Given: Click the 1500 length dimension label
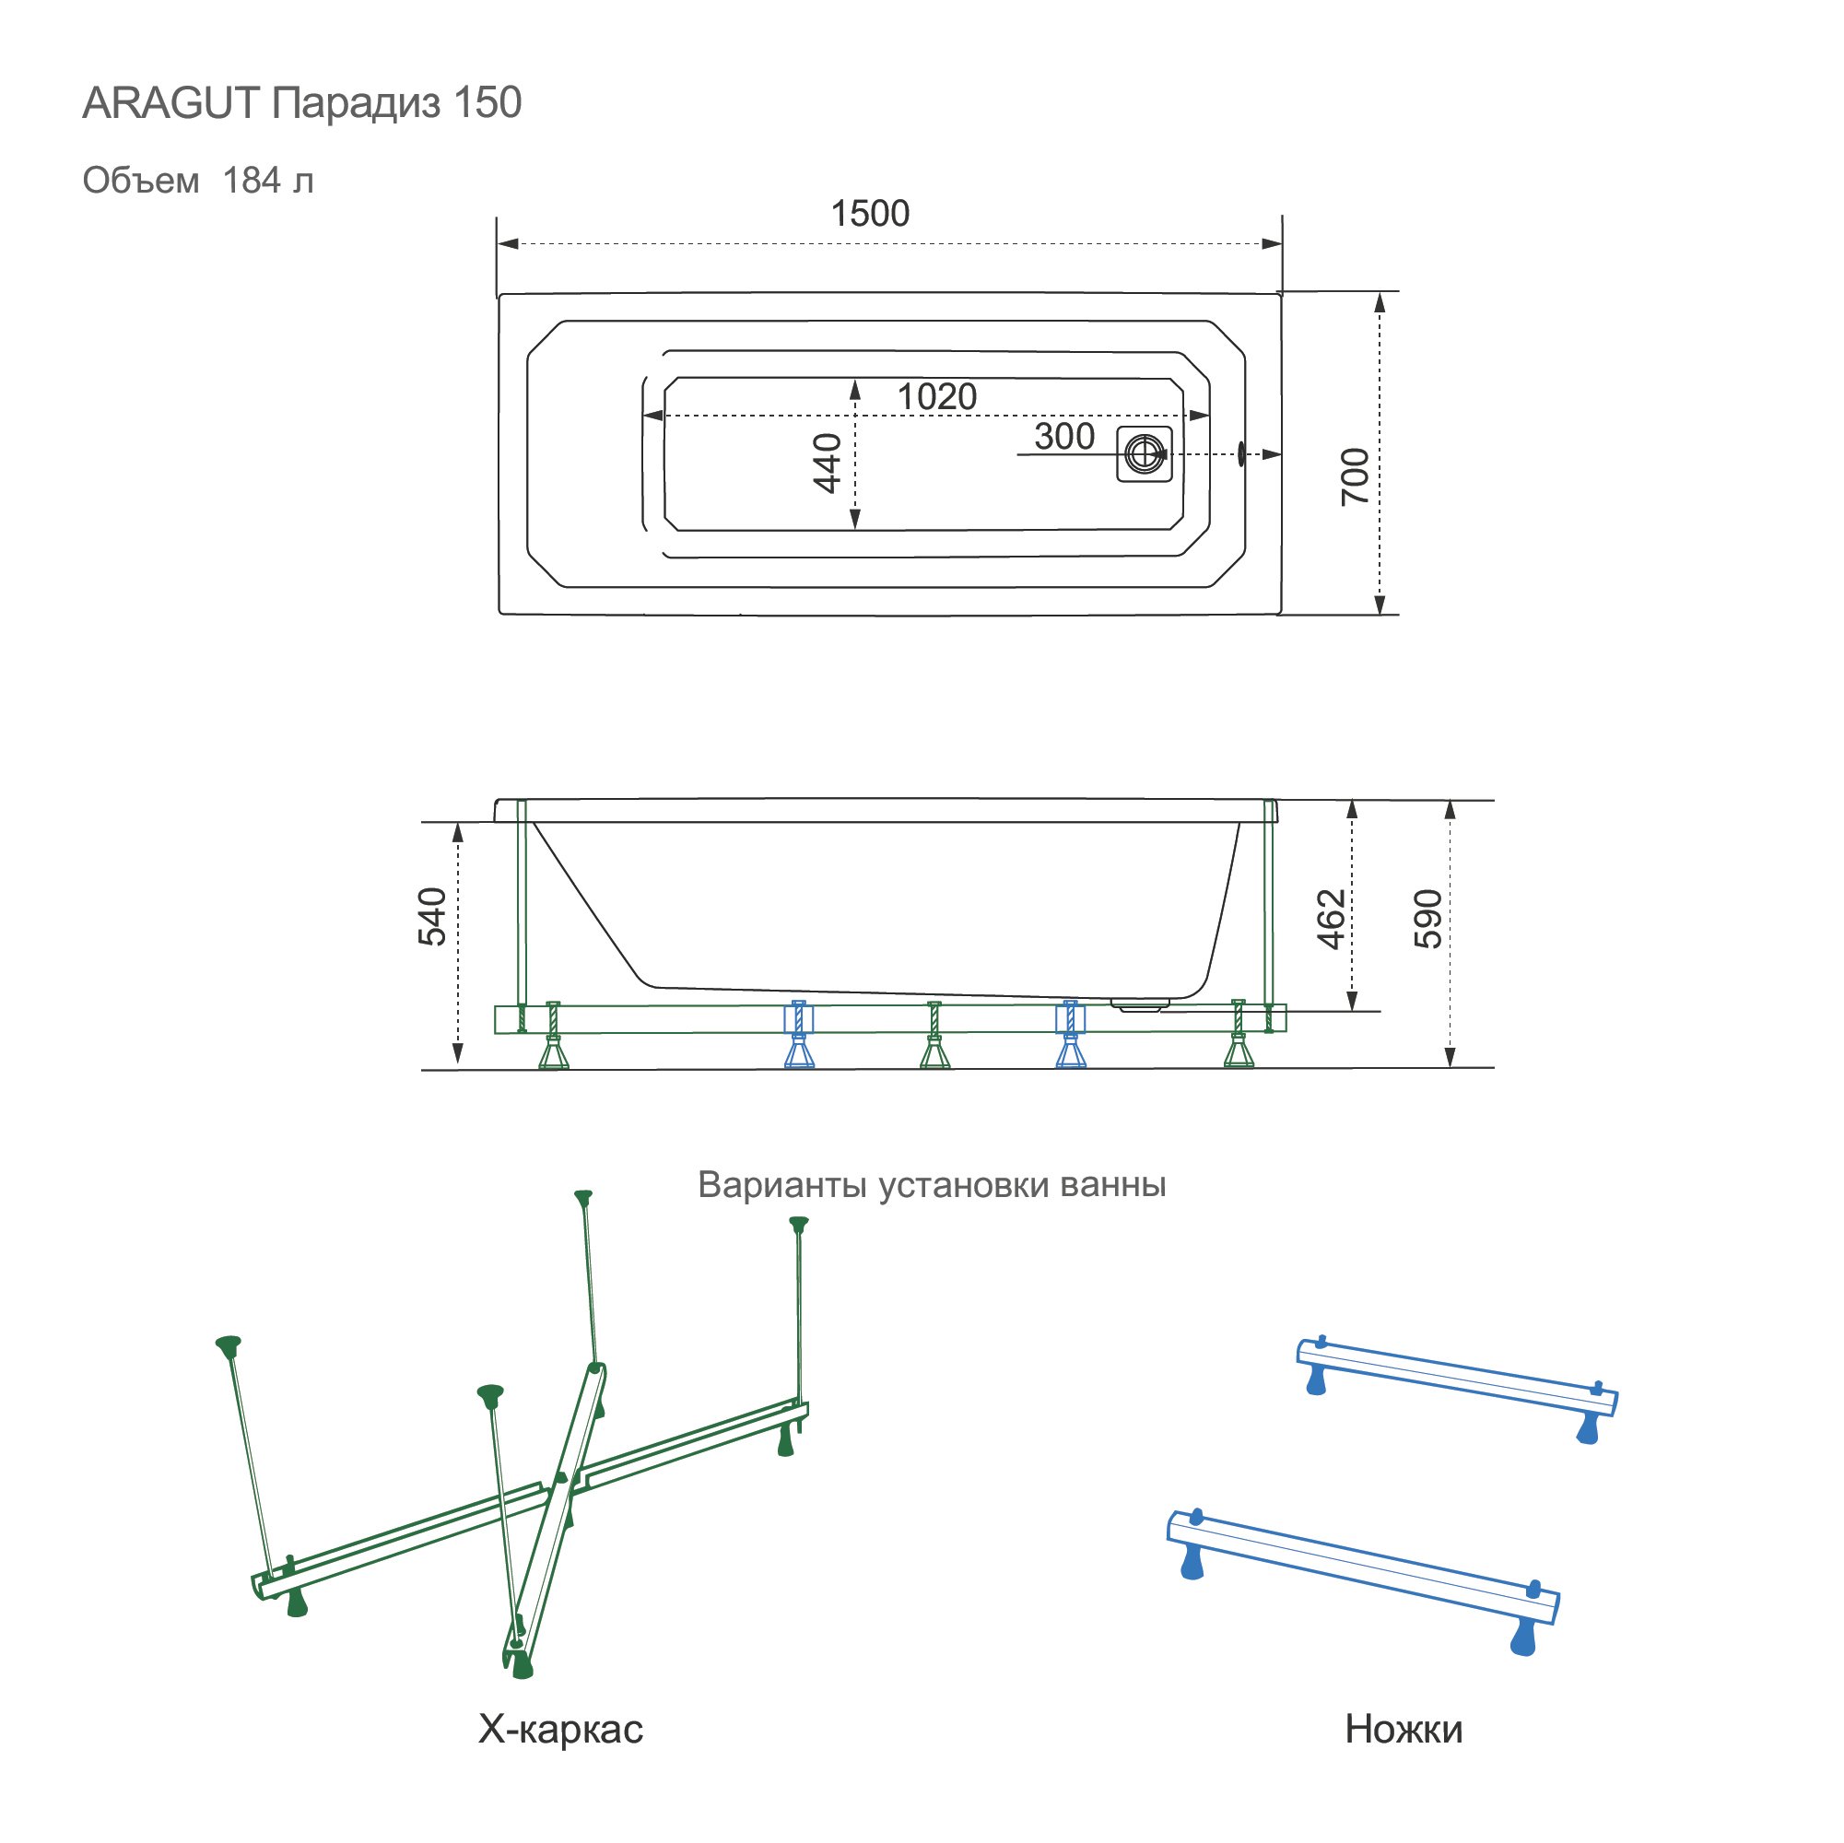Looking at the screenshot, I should pyautogui.click(x=870, y=214).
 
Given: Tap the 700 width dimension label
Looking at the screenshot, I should pyautogui.click(x=1355, y=476).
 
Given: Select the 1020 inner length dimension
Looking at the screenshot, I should pyautogui.click(x=936, y=397).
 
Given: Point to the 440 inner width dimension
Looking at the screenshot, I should pyautogui.click(x=827, y=463).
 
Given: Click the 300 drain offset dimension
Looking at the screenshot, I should pyautogui.click(x=1063, y=437).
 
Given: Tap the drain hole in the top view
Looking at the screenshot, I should pyautogui.click(x=1144, y=453).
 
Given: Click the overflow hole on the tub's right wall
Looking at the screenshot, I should pyautogui.click(x=1240, y=453).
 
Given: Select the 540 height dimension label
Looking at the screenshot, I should pyautogui.click(x=432, y=916).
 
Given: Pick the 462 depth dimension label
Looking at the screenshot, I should pyautogui.click(x=1331, y=919).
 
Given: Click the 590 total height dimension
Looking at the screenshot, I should pyautogui.click(x=1427, y=919).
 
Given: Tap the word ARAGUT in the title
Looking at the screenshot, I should pyautogui.click(x=170, y=103).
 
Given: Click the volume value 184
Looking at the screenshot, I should pyautogui.click(x=252, y=181).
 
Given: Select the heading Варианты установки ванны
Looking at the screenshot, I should pyautogui.click(x=932, y=1184).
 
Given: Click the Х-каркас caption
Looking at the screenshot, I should pyautogui.click(x=560, y=1729).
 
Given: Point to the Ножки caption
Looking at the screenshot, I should pyautogui.click(x=1403, y=1729).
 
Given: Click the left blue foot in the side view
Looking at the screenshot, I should pyautogui.click(x=800, y=1052).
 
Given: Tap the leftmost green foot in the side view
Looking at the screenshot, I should pyautogui.click(x=554, y=1053).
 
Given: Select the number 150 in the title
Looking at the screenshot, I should pyautogui.click(x=487, y=103).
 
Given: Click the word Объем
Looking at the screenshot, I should pyautogui.click(x=140, y=181).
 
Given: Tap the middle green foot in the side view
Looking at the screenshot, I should pyautogui.click(x=935, y=1053).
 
